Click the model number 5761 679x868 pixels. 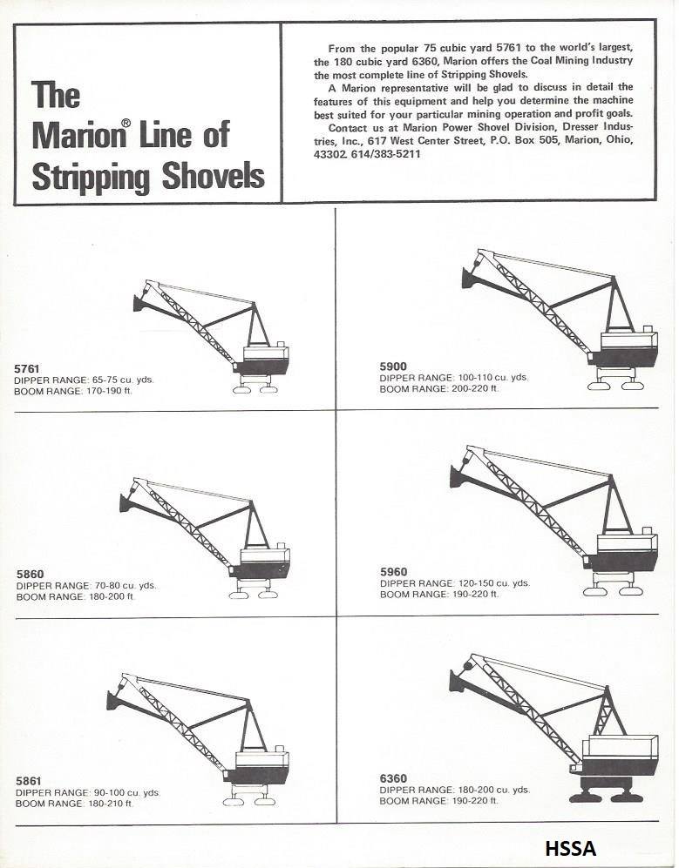point(27,368)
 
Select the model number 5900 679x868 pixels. point(393,366)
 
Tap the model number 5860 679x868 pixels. point(30,574)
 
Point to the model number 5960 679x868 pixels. point(393,572)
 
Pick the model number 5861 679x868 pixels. point(29,781)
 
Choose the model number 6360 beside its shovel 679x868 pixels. point(393,778)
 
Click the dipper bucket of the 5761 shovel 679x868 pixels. point(140,302)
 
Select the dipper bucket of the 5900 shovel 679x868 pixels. point(472,277)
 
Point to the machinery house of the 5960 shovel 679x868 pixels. point(627,547)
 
